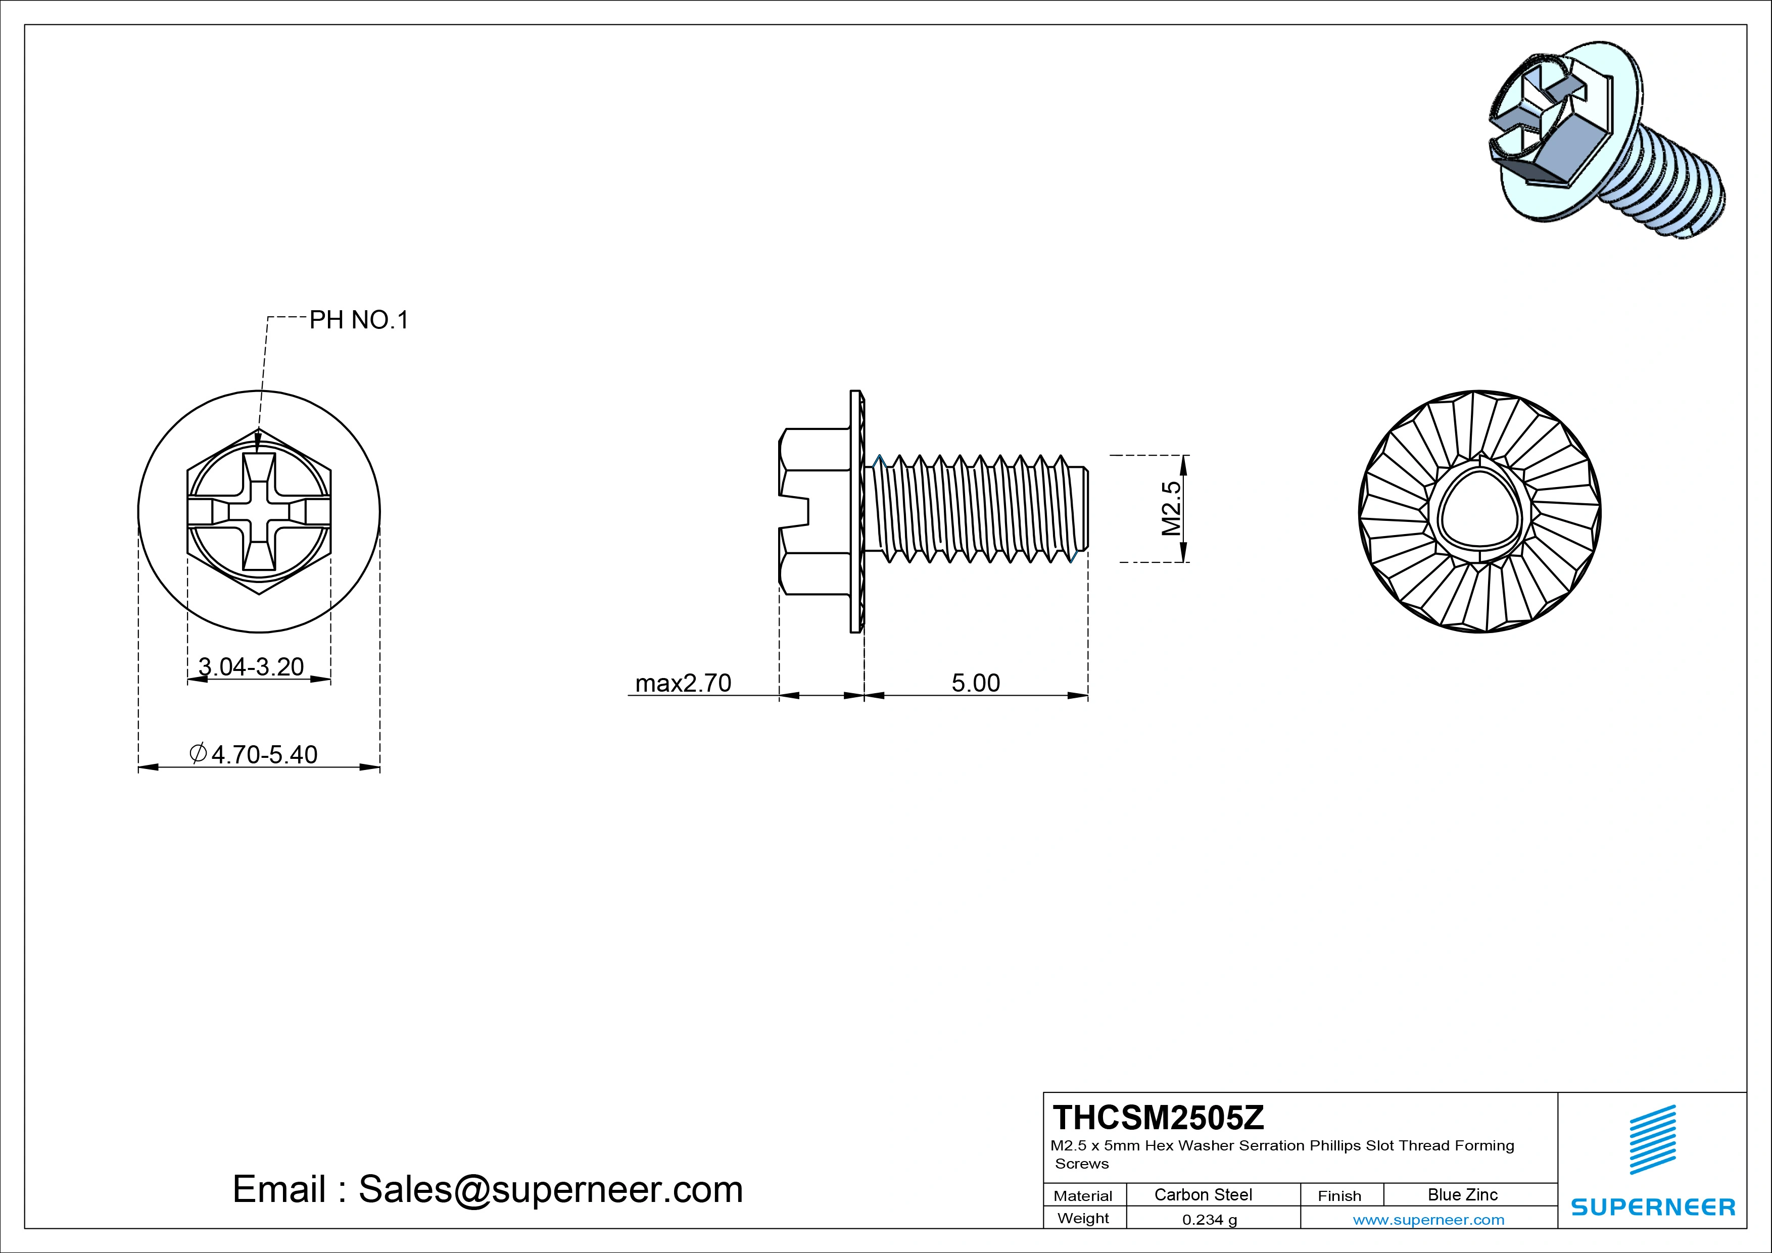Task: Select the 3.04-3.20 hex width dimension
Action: tap(251, 666)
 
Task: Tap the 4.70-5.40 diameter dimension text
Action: tap(254, 754)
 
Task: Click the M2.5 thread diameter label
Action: tap(1171, 508)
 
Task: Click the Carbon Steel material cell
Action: tap(1203, 1194)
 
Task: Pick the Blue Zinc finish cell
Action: tap(1462, 1194)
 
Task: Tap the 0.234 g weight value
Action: tap(1209, 1220)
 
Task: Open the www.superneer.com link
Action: tap(1428, 1220)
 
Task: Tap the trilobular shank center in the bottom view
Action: tap(1479, 512)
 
